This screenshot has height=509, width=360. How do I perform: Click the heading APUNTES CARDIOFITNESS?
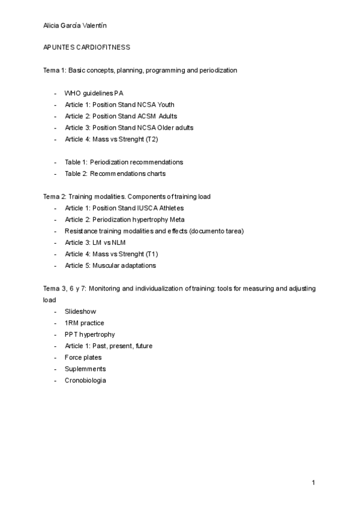[x=87, y=47]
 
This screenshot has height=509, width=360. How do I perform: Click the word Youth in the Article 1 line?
[x=165, y=104]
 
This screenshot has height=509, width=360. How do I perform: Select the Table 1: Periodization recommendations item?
[x=124, y=162]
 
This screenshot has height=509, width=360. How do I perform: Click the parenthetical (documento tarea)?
[x=216, y=231]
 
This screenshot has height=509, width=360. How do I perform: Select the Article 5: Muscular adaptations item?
[x=110, y=265]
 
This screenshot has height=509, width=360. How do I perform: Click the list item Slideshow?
[x=80, y=312]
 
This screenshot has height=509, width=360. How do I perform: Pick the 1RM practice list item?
[x=84, y=323]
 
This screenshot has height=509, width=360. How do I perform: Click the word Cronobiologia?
[x=85, y=381]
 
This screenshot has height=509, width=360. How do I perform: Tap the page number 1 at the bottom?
[x=313, y=483]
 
